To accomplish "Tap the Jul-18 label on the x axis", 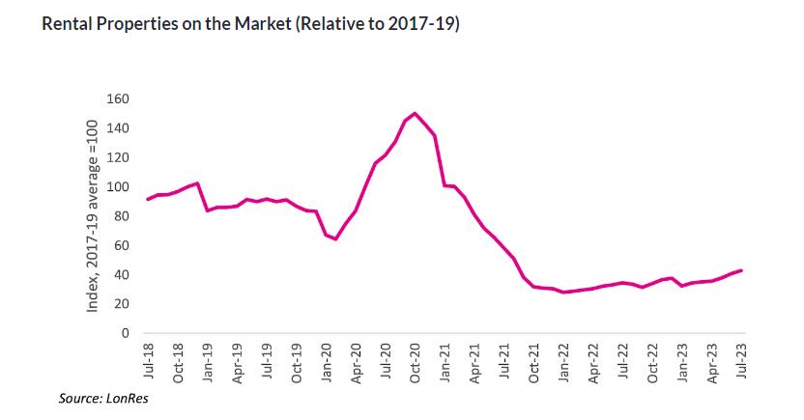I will click(149, 363).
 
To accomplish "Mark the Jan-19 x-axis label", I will click(208, 363).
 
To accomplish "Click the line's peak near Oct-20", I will click(416, 113).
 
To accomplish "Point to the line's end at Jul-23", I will click(741, 270).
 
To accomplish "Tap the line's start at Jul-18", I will click(147, 199).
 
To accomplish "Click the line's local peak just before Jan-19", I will click(197, 183).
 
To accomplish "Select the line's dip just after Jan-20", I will click(335, 238).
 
